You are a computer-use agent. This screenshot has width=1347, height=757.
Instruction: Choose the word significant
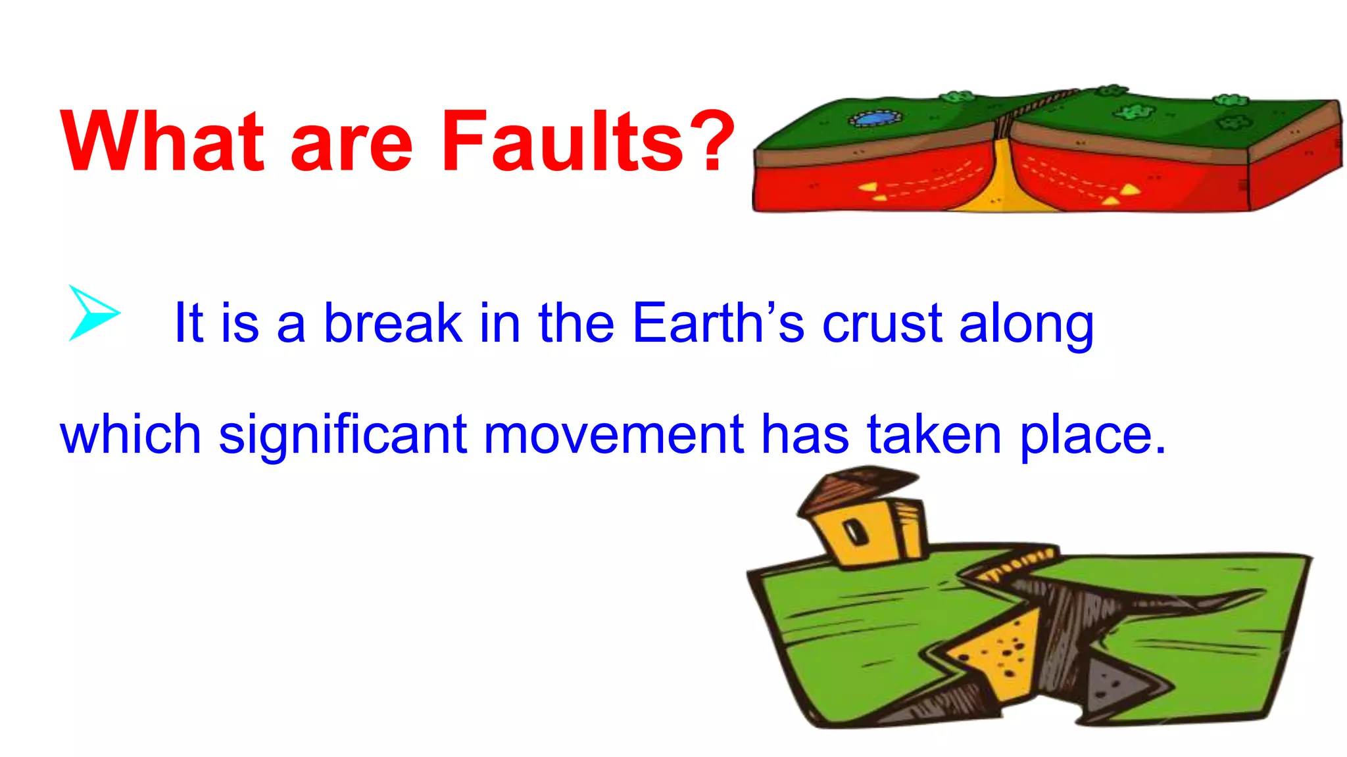click(x=342, y=436)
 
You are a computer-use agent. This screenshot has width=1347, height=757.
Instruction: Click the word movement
click(x=614, y=434)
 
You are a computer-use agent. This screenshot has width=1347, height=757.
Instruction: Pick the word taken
click(x=935, y=434)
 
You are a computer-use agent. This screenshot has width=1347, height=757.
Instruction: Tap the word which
click(x=130, y=434)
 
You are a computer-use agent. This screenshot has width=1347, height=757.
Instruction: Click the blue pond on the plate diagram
click(x=875, y=118)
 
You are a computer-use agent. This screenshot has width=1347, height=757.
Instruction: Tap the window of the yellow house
click(x=856, y=532)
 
